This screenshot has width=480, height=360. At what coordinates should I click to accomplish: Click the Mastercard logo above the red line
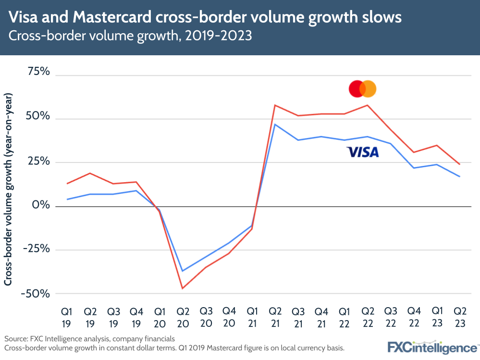[x=362, y=88]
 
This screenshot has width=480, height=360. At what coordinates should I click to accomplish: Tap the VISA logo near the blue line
[x=363, y=152]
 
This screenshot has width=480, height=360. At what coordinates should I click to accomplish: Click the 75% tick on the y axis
[x=39, y=72]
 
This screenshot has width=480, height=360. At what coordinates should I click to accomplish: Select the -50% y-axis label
[x=36, y=293]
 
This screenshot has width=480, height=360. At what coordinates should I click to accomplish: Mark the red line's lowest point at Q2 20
[x=183, y=288]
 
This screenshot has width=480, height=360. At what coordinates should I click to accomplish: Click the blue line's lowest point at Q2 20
[x=183, y=271]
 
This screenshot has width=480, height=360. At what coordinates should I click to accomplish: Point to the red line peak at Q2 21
[x=274, y=105]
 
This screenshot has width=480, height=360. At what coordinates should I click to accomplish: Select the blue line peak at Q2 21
[x=274, y=124]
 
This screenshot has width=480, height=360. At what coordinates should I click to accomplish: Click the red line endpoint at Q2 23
[x=460, y=164]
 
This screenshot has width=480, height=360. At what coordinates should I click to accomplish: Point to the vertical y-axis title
[x=9, y=189]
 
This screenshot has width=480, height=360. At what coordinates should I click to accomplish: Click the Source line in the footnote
[x=89, y=338]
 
